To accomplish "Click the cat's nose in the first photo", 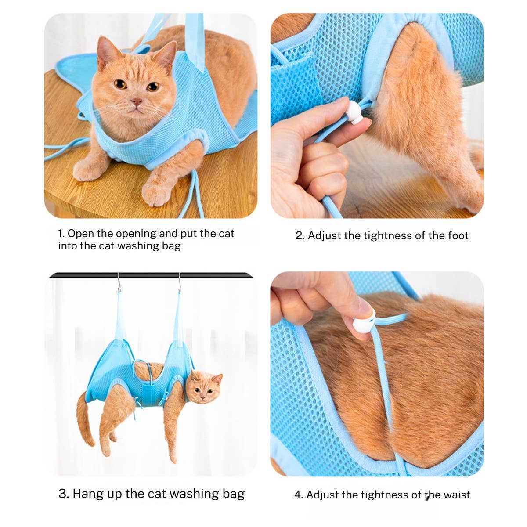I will (x=137, y=102).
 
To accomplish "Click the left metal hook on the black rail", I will (x=119, y=283).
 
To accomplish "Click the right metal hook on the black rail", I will (x=179, y=283).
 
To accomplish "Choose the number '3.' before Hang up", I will (x=64, y=494).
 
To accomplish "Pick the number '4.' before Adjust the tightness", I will (x=299, y=495).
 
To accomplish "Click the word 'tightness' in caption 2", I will (x=379, y=236).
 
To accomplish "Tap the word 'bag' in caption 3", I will (x=233, y=494).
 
